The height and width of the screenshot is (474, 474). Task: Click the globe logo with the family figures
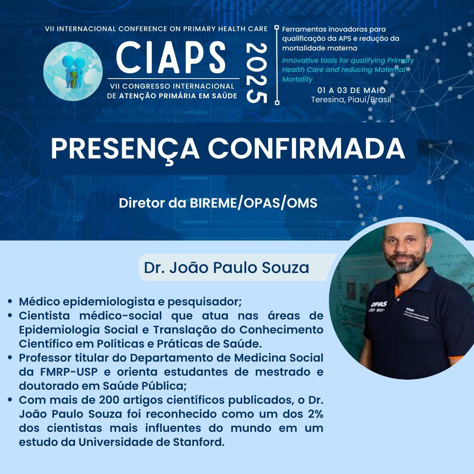pos(73,71)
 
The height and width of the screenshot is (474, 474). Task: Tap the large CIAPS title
pos(171,58)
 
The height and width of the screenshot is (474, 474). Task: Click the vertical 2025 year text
pos(257,73)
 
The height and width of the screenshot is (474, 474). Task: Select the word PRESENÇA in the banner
pos(125,149)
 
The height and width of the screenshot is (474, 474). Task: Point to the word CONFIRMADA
pos(306,148)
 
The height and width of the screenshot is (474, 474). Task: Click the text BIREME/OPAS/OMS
pos(253,203)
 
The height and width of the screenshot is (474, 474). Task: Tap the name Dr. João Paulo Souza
pos(226,268)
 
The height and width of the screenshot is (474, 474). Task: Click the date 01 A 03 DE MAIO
pos(352,90)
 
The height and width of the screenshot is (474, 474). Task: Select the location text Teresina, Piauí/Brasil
pos(351,100)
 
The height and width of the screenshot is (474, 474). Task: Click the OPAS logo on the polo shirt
pos(379,304)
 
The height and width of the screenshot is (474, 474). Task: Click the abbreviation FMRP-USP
pos(69,372)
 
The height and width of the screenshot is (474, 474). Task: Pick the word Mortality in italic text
pos(297,79)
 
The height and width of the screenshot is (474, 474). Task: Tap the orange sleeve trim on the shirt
pos(455,359)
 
